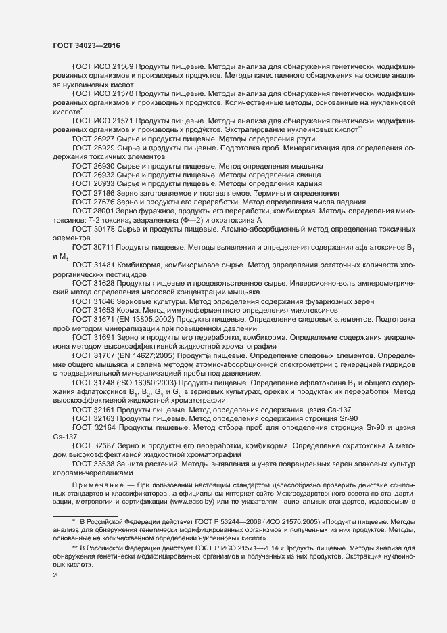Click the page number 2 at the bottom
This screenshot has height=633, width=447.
[x=55, y=576]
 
